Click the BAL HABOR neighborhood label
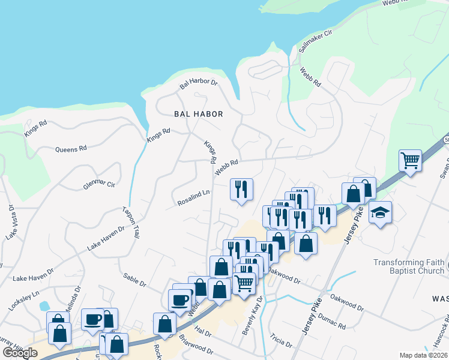point(198,113)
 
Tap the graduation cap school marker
point(379,213)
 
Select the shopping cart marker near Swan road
point(410,161)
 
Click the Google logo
point(20,353)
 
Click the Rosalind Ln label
point(193,199)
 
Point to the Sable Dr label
point(134,279)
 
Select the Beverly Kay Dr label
point(252,316)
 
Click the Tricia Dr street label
point(281,341)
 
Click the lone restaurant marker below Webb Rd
point(242,190)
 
